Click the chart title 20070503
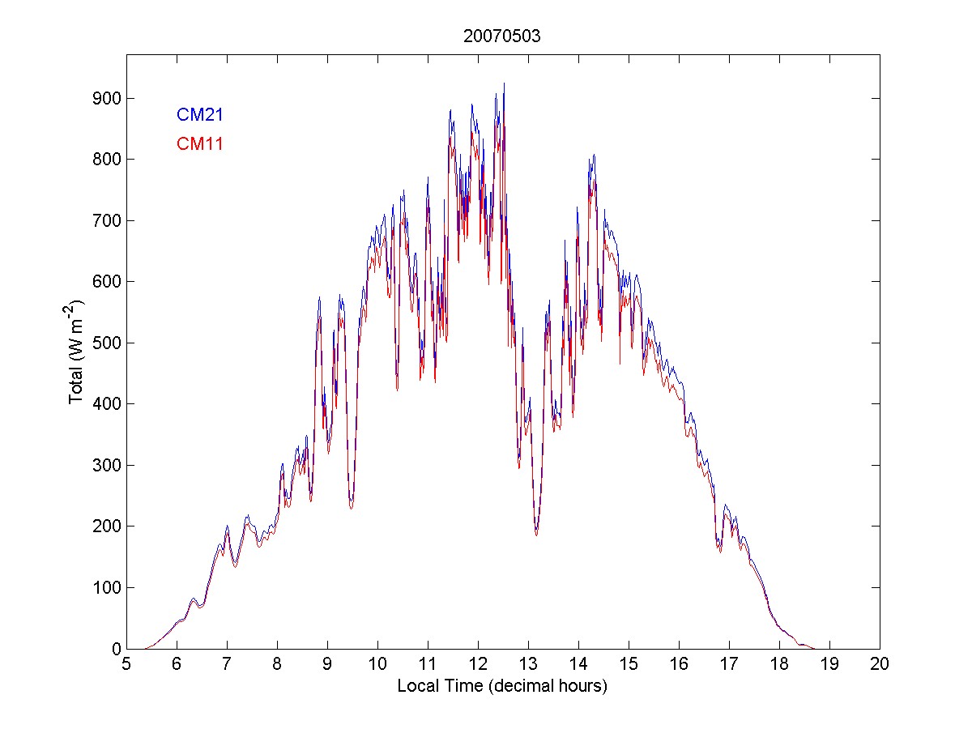pos(502,36)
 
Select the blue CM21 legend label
pos(199,115)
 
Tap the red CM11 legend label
pos(199,144)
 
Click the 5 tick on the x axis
pos(126,663)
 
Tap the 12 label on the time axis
pos(478,663)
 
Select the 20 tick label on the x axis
pos(880,663)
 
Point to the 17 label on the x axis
pos(729,663)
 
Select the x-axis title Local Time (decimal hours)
pos(502,686)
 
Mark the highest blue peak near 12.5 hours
pos(504,83)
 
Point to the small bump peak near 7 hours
pos(227,526)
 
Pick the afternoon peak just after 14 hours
pos(594,155)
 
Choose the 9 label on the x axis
pos(327,663)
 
